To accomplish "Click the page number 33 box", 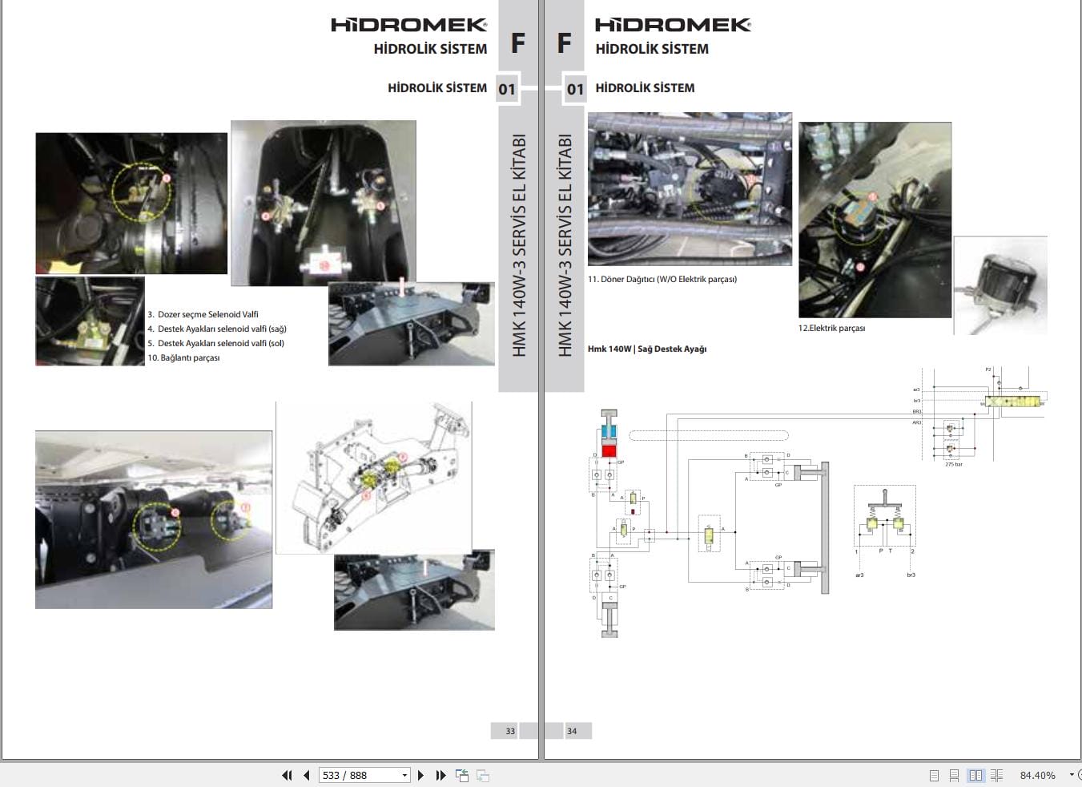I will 510,731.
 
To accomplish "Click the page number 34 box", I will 572,731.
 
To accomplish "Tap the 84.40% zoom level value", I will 1037,775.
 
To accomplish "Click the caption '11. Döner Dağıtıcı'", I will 662,279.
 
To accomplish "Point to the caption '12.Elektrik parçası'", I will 831,328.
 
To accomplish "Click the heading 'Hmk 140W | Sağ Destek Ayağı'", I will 647,349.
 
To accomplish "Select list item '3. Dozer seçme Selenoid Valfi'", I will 203,314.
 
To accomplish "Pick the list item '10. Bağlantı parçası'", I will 183,357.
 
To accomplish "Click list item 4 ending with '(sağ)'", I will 217,329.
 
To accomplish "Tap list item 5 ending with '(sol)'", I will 216,343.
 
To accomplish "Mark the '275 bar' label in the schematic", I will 953,464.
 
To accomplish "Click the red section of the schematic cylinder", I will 609,450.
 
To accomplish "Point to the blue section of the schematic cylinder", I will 609,432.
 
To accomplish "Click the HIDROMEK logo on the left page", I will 408,25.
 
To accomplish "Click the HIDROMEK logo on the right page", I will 673,25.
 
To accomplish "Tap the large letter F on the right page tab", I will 564,42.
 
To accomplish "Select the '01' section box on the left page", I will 507,89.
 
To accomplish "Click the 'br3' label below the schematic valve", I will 911,575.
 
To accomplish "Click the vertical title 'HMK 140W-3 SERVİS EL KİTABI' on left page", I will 519,244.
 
